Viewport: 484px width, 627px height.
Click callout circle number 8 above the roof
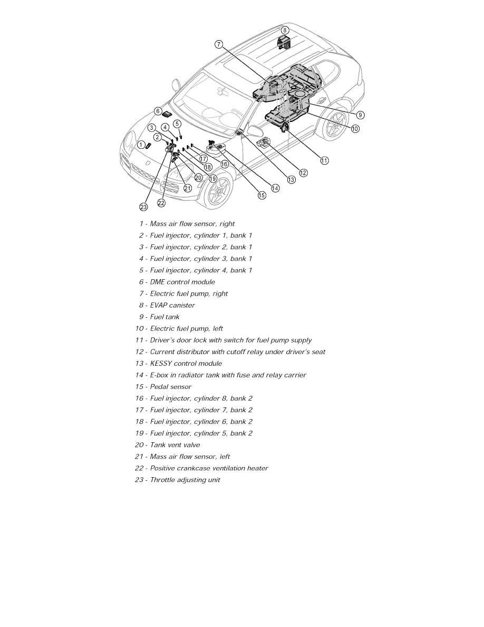point(285,30)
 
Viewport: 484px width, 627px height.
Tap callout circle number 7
point(219,44)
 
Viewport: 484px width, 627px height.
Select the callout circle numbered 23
point(144,207)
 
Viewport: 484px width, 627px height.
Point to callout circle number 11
point(325,160)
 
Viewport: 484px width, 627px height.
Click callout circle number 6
point(158,111)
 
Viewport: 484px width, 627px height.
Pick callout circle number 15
point(262,195)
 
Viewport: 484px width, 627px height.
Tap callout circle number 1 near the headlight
point(141,145)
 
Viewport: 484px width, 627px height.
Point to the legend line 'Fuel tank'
point(164,317)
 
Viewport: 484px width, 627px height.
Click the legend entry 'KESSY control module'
point(186,363)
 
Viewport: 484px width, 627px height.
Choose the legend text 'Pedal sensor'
point(170,387)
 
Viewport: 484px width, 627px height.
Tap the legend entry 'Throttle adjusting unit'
point(185,480)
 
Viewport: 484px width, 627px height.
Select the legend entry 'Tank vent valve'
point(175,445)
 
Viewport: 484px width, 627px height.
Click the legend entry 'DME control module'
point(182,282)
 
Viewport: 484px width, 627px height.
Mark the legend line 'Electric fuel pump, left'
point(186,328)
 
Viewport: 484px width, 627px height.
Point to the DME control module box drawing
point(168,113)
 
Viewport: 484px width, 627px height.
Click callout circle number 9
point(360,115)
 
